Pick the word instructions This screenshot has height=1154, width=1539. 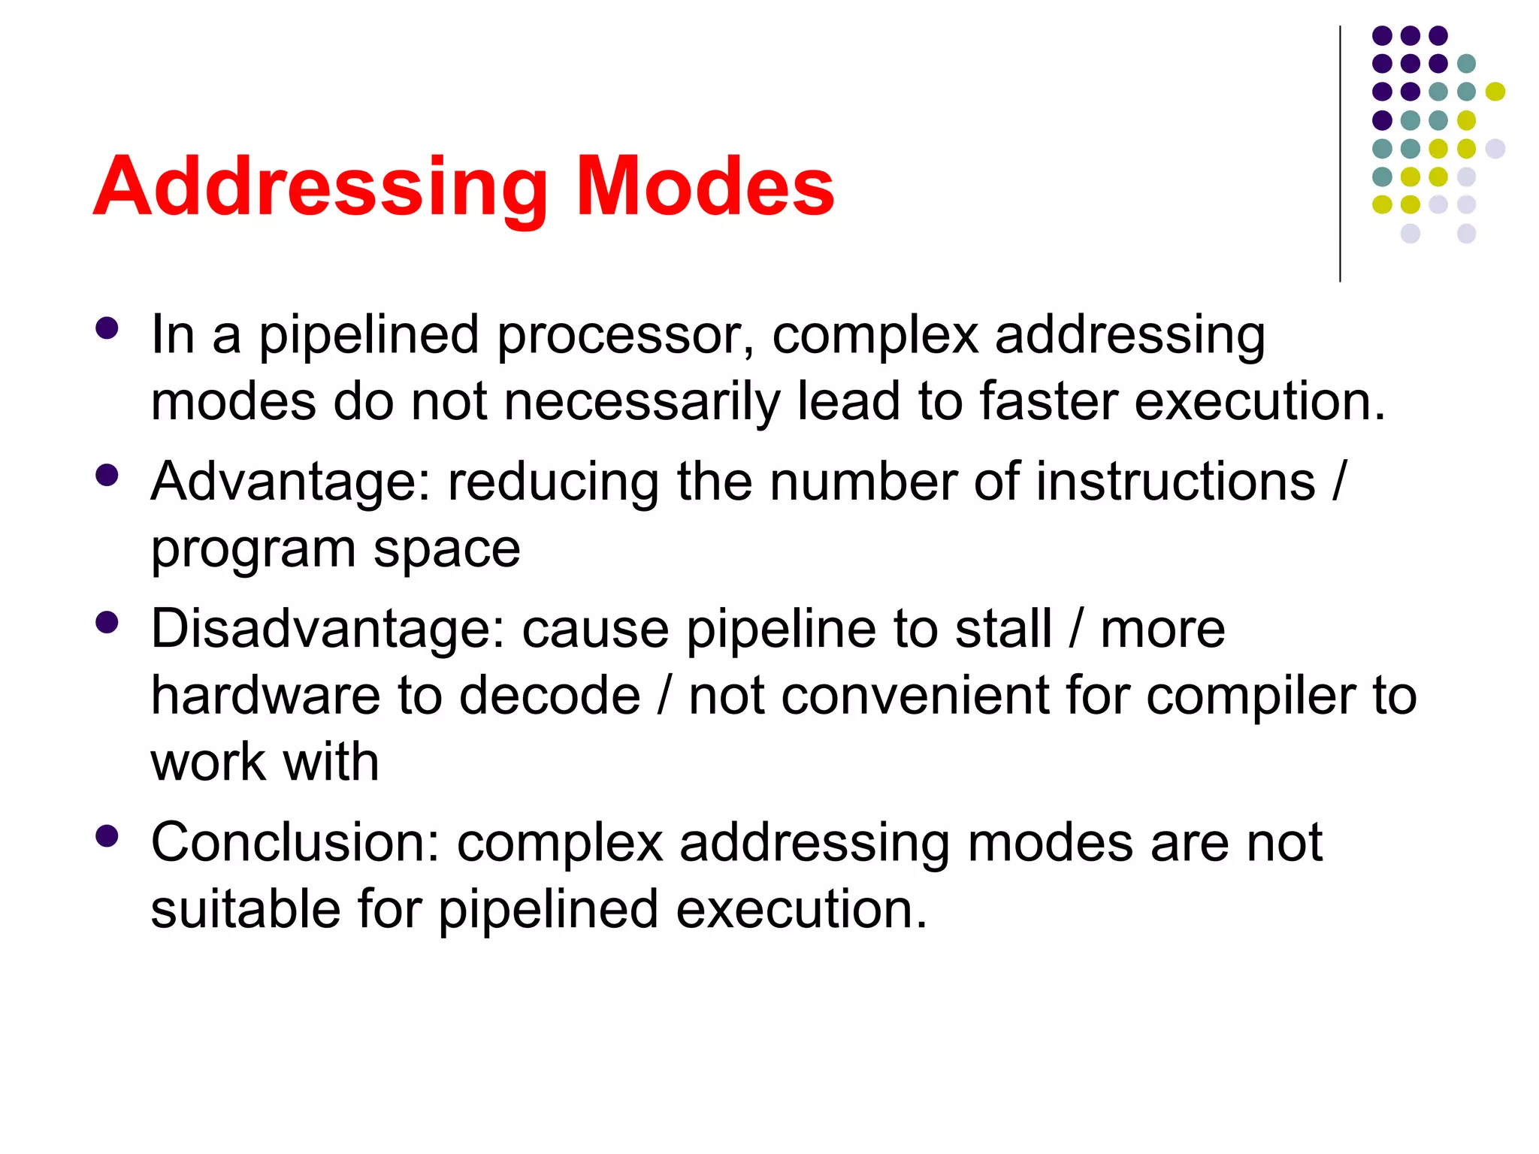click(x=1176, y=482)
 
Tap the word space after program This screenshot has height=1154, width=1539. click(x=446, y=548)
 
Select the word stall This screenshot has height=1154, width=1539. click(x=1003, y=629)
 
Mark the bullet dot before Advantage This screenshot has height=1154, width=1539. click(x=107, y=476)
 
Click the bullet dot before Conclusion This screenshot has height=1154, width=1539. click(x=107, y=836)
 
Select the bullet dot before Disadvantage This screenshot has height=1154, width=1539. click(x=107, y=623)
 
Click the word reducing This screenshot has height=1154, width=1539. click(x=553, y=482)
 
